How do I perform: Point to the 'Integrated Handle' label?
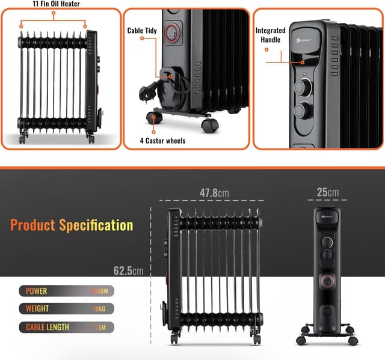click(x=270, y=35)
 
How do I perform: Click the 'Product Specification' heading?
click(x=72, y=225)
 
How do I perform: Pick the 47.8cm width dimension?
click(x=215, y=193)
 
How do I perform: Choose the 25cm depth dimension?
click(x=327, y=192)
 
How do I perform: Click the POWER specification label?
click(x=36, y=291)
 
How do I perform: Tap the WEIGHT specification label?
click(x=38, y=310)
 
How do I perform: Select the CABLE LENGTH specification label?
click(x=48, y=328)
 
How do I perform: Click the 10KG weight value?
click(x=99, y=310)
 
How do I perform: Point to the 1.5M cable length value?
click(x=100, y=328)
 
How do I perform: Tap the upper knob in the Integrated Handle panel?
click(x=303, y=88)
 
